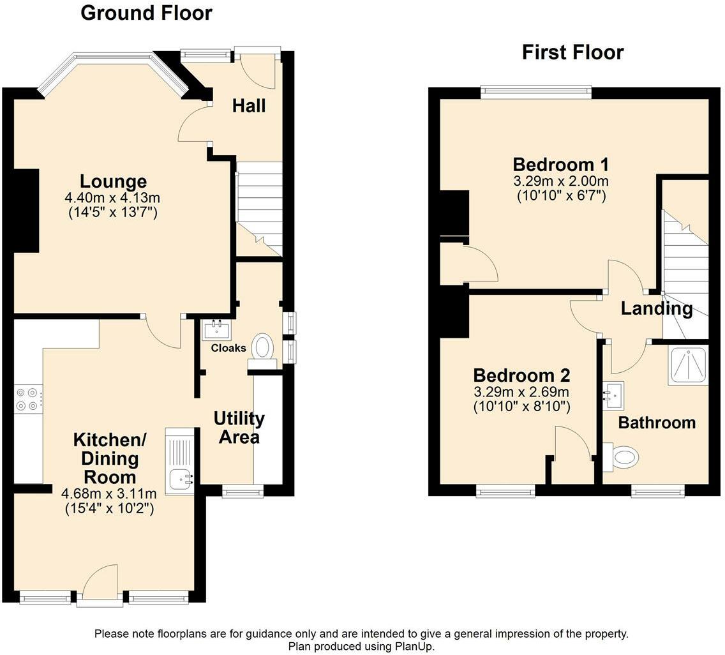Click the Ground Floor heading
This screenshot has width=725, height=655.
point(146,13)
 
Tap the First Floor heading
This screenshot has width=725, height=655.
point(573,52)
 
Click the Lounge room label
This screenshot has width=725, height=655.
point(114,181)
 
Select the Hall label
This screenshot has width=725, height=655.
point(249,106)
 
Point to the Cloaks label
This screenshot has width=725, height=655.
point(228,348)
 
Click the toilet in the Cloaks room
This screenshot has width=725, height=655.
point(263,351)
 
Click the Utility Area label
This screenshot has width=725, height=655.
point(239,428)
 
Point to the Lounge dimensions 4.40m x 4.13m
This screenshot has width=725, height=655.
point(112,198)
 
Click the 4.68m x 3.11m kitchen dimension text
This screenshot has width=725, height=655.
point(109,493)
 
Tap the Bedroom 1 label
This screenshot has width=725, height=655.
point(561,165)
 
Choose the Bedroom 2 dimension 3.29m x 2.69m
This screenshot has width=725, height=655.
point(521,392)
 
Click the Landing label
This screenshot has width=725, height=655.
point(657,308)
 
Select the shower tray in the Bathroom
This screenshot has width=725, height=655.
point(688,365)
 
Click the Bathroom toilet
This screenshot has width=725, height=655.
point(621,457)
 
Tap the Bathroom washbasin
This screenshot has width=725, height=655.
point(613,395)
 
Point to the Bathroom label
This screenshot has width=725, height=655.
point(657,423)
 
